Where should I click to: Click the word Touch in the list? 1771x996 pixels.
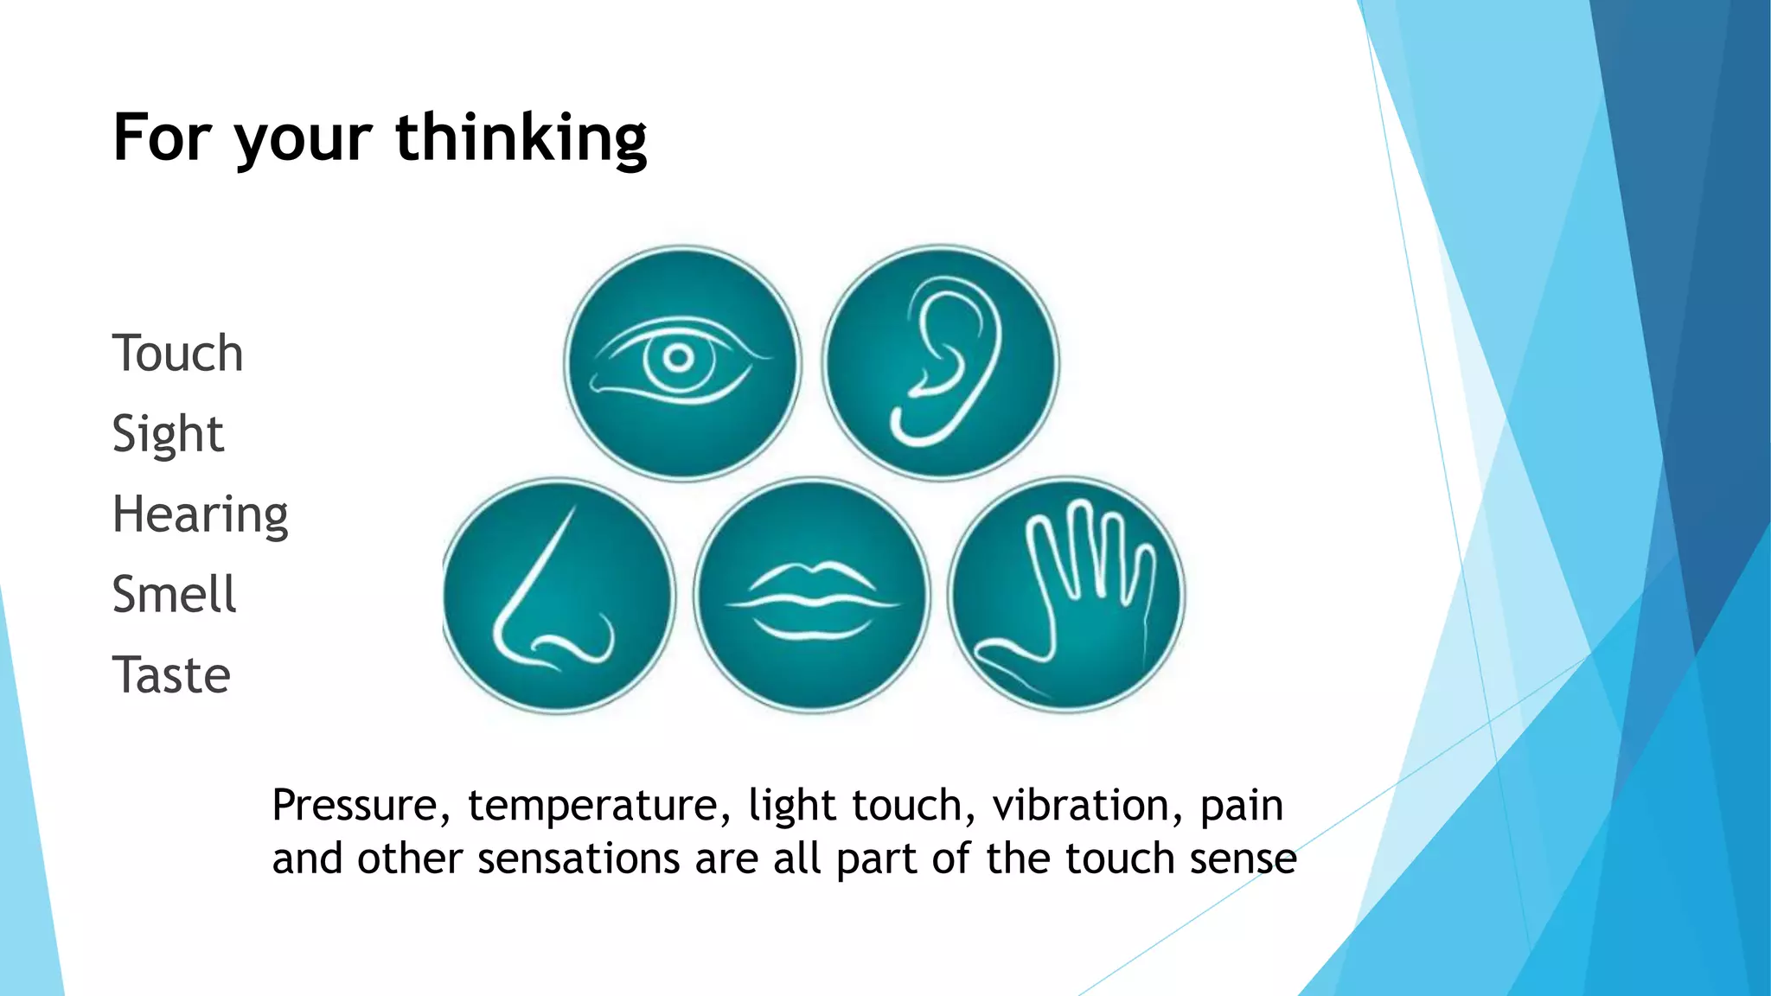(x=177, y=354)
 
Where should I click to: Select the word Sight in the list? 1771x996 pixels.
(x=168, y=434)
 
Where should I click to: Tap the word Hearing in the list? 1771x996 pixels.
(x=200, y=515)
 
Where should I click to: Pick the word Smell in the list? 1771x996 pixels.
(x=174, y=595)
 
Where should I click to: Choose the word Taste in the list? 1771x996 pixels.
(x=171, y=675)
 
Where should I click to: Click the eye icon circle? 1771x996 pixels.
(x=682, y=363)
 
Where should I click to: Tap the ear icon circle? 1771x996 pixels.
(x=940, y=363)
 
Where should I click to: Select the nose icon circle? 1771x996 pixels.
(x=558, y=596)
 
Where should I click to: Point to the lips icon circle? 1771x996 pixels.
(x=812, y=596)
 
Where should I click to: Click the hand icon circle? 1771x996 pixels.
(x=1066, y=596)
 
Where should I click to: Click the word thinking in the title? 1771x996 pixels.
(x=521, y=138)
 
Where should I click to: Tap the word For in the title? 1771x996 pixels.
(x=163, y=138)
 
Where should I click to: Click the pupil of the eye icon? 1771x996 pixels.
(x=679, y=358)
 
